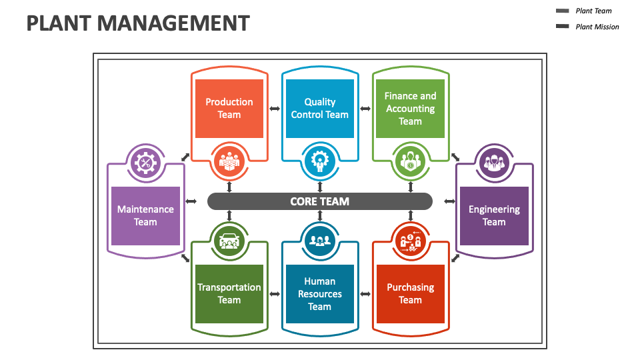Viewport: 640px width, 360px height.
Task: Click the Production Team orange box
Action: point(229,108)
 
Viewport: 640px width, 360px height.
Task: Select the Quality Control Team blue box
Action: point(319,108)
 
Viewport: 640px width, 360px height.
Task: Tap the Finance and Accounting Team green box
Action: point(410,108)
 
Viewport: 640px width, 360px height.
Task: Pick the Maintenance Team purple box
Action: point(145,215)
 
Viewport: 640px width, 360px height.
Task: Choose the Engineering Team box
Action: point(494,215)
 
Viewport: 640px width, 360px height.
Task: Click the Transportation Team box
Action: point(229,293)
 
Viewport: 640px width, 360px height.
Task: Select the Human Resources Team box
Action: point(319,293)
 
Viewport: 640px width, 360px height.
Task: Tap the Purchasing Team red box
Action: point(410,293)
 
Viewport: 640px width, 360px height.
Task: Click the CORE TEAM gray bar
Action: point(319,201)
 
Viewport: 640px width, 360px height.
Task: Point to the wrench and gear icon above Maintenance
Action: point(145,163)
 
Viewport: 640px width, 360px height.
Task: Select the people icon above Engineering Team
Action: point(494,163)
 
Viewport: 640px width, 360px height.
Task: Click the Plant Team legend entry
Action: point(593,11)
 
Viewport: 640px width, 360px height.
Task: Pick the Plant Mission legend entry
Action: point(597,27)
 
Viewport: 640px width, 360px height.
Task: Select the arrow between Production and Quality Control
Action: point(274,109)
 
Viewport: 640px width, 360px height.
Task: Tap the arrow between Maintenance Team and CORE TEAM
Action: point(191,201)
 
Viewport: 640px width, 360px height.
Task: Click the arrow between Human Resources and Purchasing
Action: point(365,293)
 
